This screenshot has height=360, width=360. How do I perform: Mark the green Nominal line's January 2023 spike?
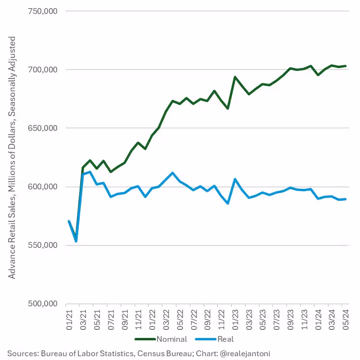(235, 77)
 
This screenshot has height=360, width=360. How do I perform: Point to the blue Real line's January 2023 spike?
(235, 179)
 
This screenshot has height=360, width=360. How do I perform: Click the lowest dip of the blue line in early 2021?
(76, 241)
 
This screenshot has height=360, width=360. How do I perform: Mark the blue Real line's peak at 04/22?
(172, 173)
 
